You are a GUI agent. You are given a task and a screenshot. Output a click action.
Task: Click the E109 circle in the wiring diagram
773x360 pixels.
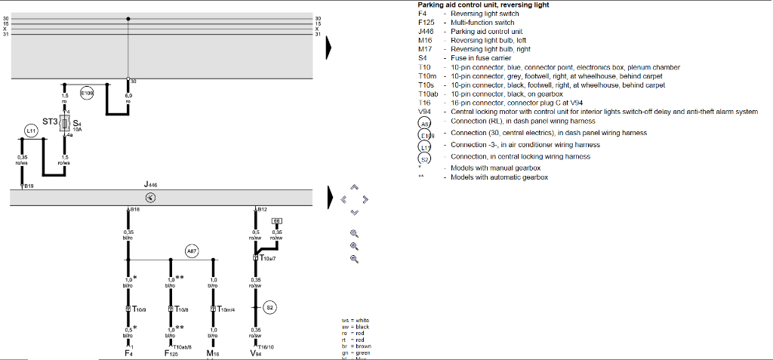87,94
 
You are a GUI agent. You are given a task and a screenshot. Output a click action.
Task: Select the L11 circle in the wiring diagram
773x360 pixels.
31,131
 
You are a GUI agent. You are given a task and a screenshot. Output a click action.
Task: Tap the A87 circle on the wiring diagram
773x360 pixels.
192,251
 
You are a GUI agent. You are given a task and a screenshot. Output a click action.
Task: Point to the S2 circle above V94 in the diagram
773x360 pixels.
270,307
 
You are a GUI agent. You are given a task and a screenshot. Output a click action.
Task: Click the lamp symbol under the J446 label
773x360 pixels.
150,198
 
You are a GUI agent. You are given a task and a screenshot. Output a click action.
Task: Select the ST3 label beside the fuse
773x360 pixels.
50,122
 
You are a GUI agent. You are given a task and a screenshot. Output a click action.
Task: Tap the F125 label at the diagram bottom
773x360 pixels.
171,352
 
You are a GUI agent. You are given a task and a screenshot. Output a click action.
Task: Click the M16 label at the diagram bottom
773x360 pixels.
213,352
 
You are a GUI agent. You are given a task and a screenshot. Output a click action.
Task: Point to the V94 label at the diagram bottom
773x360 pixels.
257,352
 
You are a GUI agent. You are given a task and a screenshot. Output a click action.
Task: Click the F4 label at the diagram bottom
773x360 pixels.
128,352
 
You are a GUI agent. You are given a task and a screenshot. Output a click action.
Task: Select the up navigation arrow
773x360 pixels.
355,188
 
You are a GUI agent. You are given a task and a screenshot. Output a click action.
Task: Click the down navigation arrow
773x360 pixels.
355,212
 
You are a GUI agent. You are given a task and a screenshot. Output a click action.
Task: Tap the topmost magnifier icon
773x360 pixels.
354,233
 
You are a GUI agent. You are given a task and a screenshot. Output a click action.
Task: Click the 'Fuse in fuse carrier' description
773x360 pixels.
481,58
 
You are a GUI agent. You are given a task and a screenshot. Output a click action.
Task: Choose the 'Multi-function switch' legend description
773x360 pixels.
482,23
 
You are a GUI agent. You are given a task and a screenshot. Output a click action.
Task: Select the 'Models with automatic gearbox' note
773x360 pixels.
499,177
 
